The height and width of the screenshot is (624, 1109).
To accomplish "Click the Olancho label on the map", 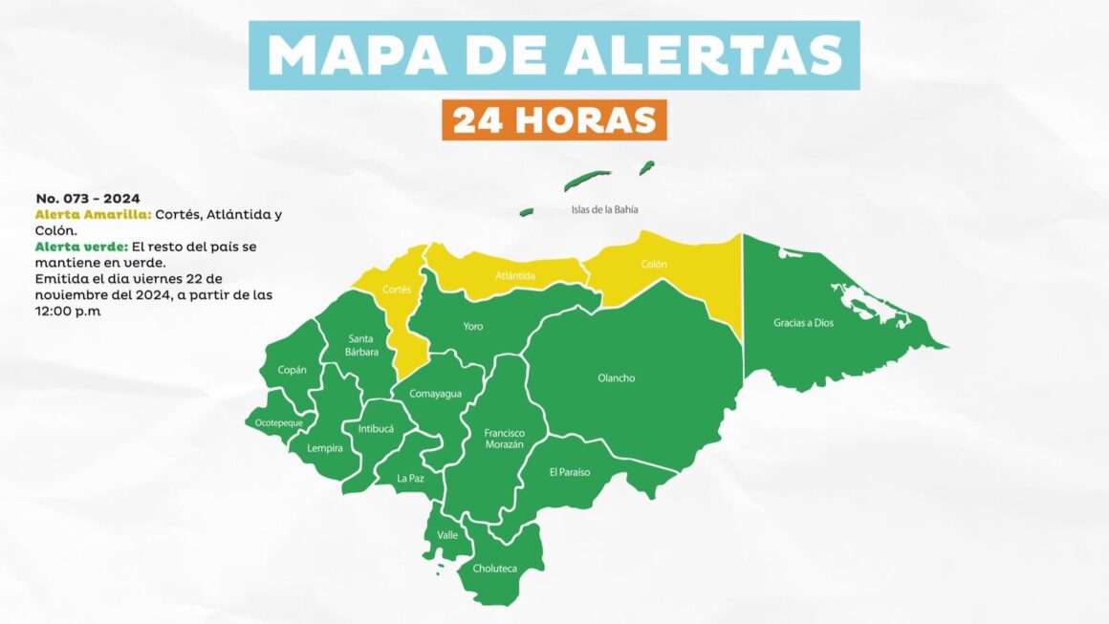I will pos(616,378).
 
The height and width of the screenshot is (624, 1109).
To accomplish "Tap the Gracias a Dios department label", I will pos(803,323).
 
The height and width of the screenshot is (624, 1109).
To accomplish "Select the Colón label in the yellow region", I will pos(654,265).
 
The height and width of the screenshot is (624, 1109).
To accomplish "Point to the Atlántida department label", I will pos(515,276).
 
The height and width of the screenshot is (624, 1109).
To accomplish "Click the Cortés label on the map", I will pos(396,289).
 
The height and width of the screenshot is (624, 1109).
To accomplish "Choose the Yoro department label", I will pos(472,327).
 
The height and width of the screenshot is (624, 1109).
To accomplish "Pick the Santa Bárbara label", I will pos(362,345).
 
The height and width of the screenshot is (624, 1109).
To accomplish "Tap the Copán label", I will pos(292,370).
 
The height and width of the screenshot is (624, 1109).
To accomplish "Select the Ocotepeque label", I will pos(279,422).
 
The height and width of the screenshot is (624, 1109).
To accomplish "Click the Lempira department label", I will pos(325,447).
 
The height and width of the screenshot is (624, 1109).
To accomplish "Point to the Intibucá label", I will pos(376,429).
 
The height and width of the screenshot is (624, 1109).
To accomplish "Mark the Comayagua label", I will pos(435,394).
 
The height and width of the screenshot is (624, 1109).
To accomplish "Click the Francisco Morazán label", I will pos(504,439).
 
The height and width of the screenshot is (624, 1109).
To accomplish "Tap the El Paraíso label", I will pos(569,472).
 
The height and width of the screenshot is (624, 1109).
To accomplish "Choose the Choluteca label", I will pos(494,569).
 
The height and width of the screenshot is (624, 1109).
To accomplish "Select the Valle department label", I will pos(447,535).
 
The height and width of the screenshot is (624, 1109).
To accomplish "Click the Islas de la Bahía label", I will pos(604,209).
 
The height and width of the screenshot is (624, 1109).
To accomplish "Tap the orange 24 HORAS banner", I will pos(554,120).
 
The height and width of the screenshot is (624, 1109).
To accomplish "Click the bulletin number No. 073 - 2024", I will pos(88,199).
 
